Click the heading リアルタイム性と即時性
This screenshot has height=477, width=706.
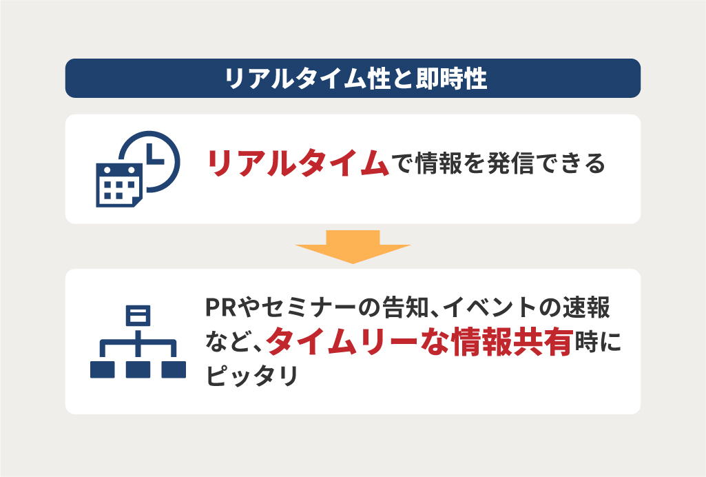355,79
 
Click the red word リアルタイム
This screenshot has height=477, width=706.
298,163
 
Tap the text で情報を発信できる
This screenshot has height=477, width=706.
499,163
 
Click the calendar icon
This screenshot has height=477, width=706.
119,185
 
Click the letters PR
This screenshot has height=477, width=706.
220,307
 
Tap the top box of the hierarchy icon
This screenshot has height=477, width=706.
138,315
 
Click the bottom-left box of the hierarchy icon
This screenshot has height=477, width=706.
102,369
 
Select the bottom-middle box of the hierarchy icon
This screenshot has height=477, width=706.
138,369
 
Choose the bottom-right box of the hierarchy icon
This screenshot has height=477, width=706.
174,369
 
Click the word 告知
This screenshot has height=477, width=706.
404,307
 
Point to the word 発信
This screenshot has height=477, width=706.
510,163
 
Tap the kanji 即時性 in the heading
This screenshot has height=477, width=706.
451,79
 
